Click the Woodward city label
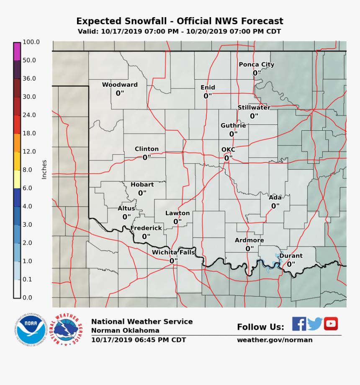[x=120, y=85]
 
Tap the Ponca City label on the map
[x=256, y=65]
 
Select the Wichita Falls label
[x=173, y=252]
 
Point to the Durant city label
[x=291, y=256]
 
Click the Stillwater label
[x=254, y=108]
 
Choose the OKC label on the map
[x=228, y=150]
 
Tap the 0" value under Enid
[x=208, y=96]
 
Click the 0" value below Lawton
[x=177, y=222]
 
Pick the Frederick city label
[x=146, y=228]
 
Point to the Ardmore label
[x=249, y=240]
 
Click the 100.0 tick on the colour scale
[x=31, y=42]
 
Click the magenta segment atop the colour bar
[x=17, y=52]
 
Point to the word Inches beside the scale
[x=44, y=170]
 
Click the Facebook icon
[x=299, y=324]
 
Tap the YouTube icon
[x=331, y=324]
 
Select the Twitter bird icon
[x=315, y=324]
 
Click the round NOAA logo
[x=29, y=329]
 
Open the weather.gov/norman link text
[x=275, y=340]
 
